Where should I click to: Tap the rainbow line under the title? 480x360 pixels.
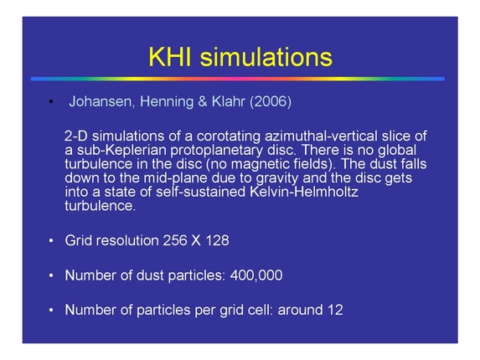(x=240, y=79)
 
